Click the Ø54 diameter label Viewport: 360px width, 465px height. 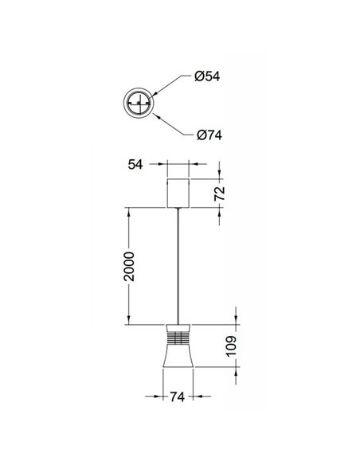click(208, 76)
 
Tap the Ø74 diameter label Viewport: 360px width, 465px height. click(208, 135)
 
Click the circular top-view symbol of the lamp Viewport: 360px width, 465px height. click(139, 104)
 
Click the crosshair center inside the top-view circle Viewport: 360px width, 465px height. click(139, 104)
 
